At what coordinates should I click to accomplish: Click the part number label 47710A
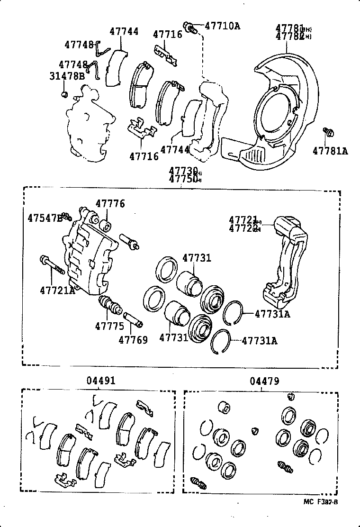coord(222,26)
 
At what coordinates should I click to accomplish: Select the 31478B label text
coord(67,75)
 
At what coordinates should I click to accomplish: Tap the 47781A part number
coord(330,151)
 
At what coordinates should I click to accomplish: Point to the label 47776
coord(110,204)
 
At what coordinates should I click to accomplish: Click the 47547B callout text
coord(45,218)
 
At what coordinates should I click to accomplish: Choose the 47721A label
coord(57,290)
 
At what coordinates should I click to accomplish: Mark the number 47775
coord(109,326)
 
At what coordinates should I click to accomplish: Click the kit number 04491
coord(101,381)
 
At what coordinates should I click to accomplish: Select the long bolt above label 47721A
coord(52,265)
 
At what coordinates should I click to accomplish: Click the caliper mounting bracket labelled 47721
coord(287,261)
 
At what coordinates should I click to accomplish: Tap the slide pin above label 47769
coord(133,320)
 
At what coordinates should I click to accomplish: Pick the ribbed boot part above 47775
coord(110,306)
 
